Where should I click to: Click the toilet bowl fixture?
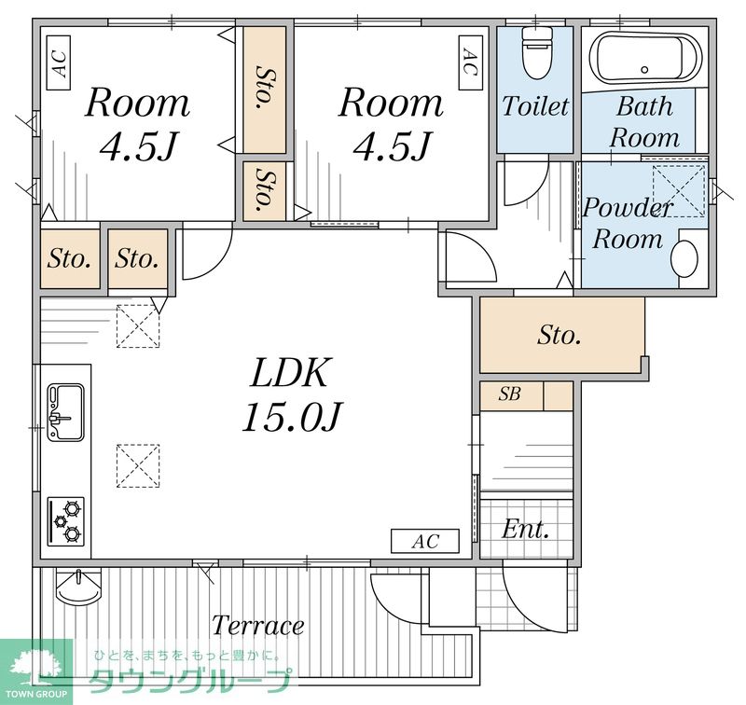[536, 52]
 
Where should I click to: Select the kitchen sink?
[65, 412]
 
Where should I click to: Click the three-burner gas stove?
[65, 521]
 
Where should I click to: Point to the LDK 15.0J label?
[291, 394]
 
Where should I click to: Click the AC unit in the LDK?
[425, 542]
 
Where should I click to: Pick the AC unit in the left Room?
[59, 62]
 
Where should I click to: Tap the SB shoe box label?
[509, 394]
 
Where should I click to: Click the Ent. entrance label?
[525, 529]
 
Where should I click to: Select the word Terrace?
[258, 625]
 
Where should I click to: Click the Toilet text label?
[535, 106]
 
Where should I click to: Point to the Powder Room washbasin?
[684, 259]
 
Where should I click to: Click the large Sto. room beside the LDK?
[562, 335]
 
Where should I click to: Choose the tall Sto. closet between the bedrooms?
[264, 90]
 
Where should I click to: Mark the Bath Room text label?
[644, 122]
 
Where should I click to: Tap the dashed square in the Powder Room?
[679, 191]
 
